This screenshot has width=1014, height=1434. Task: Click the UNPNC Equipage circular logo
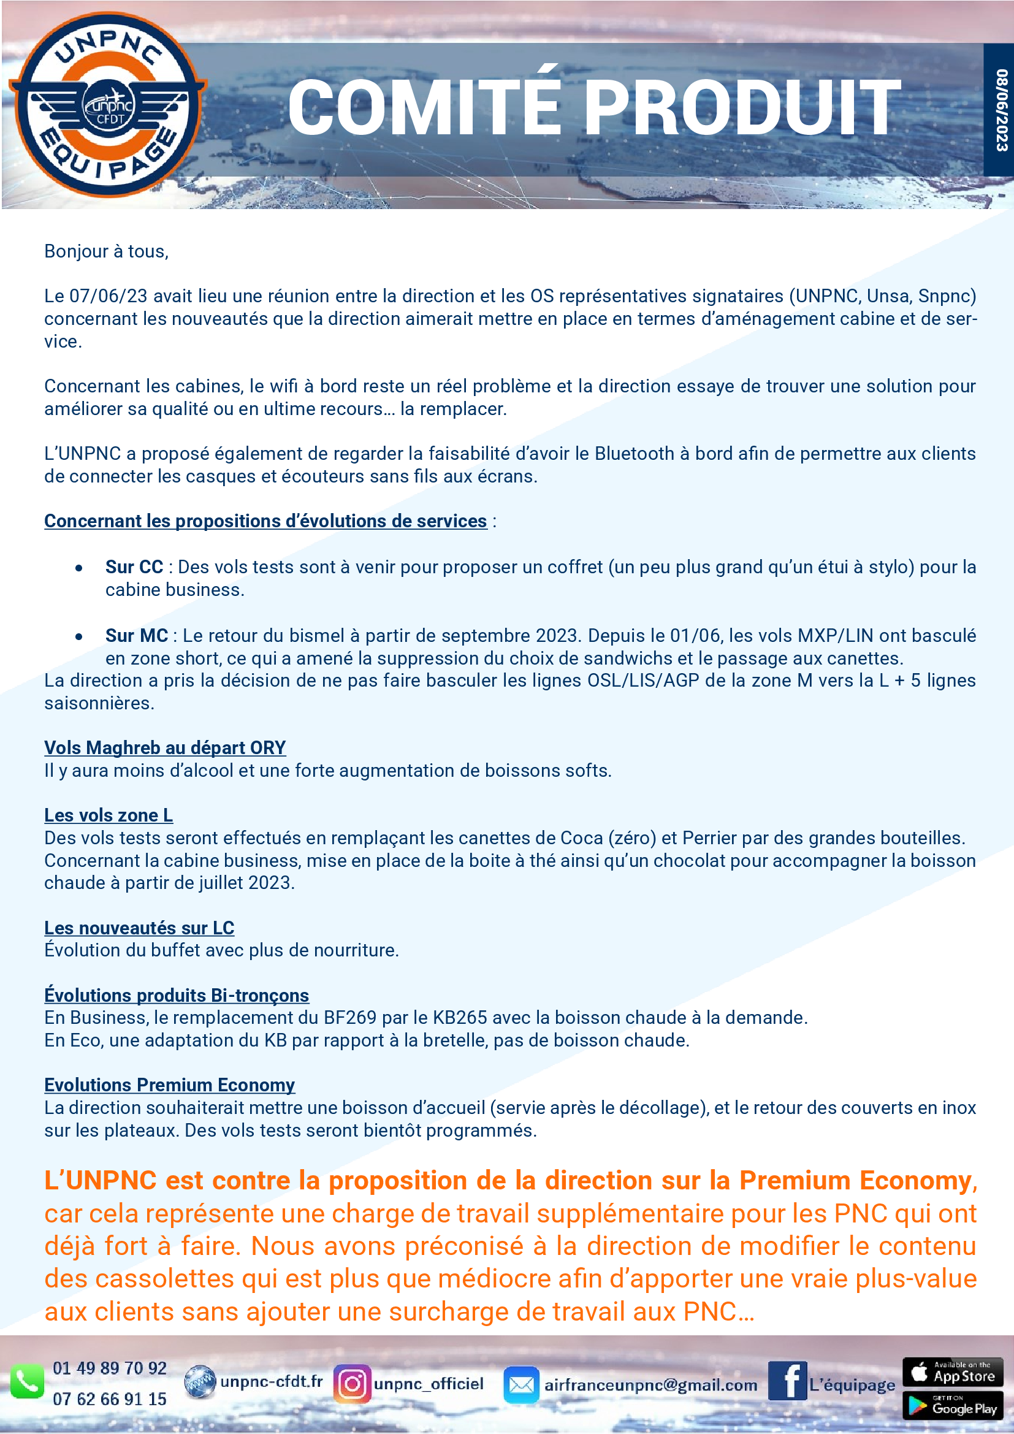click(x=107, y=105)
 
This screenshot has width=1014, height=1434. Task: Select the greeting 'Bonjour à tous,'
click(x=106, y=251)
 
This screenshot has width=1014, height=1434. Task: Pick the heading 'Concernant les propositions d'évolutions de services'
click(x=265, y=521)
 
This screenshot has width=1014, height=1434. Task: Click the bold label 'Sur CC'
click(x=134, y=567)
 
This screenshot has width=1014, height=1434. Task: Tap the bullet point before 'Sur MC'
click(x=78, y=636)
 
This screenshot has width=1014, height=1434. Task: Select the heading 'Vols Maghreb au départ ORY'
click(x=165, y=747)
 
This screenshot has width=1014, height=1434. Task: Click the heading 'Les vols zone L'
click(x=109, y=815)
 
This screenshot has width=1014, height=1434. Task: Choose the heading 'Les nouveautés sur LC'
click(x=139, y=928)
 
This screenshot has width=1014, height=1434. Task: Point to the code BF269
click(x=349, y=1018)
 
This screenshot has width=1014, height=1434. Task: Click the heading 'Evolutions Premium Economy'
click(x=169, y=1085)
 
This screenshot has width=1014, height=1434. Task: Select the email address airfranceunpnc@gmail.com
click(x=650, y=1386)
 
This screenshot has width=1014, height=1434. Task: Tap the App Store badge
click(x=952, y=1372)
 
